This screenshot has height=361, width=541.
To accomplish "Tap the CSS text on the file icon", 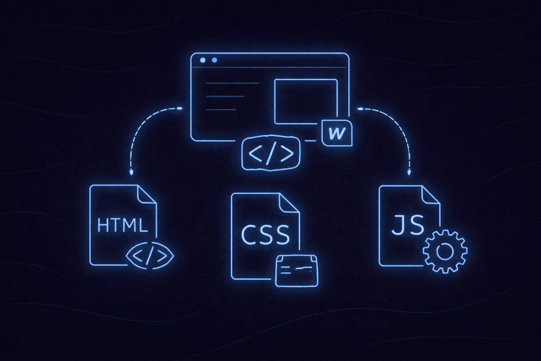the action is pyautogui.click(x=265, y=235).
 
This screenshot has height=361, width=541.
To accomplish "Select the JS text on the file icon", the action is pyautogui.click(x=408, y=225).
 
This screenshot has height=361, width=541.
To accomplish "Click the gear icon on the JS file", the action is pyautogui.click(x=445, y=251).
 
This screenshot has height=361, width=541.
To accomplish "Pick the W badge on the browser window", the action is pyautogui.click(x=337, y=133).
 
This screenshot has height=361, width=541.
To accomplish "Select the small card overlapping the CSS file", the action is pyautogui.click(x=297, y=270).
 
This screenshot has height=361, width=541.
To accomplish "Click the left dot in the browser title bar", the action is pyautogui.click(x=203, y=60).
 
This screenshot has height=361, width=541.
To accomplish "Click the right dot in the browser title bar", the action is pyautogui.click(x=214, y=60).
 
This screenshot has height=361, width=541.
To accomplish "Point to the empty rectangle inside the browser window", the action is pyautogui.click(x=306, y=102).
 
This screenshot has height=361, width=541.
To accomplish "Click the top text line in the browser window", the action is pyautogui.click(x=232, y=83).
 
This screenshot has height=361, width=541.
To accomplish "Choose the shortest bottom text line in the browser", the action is pyautogui.click(x=221, y=110).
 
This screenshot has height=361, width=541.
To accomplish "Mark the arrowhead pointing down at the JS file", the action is pyautogui.click(x=409, y=173).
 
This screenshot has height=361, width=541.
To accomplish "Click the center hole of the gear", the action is pyautogui.click(x=445, y=251).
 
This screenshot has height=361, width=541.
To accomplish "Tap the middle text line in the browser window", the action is pyautogui.click(x=225, y=96).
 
